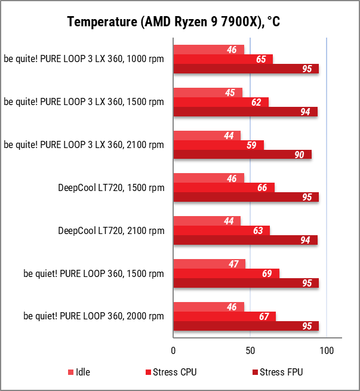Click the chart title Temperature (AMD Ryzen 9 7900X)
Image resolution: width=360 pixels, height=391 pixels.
coord(173,22)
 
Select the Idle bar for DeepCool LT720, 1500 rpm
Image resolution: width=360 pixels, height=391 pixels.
coord(208,178)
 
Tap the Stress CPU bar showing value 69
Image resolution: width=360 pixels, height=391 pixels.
coord(226,273)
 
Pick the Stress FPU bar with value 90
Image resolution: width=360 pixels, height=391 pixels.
coord(242,155)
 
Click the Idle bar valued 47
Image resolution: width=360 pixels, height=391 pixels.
coord(209,264)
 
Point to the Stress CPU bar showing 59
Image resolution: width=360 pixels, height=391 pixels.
coord(219,145)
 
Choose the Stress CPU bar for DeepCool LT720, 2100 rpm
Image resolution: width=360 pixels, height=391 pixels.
coord(221,230)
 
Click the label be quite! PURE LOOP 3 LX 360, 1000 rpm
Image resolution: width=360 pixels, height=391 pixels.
coord(84,59)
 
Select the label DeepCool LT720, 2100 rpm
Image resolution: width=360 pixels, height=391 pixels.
coord(110,230)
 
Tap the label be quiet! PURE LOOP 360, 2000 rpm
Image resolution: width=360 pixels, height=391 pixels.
coord(93,316)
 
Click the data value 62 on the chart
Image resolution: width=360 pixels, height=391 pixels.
coord(256,102)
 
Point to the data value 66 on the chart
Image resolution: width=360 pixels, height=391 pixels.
coord(262,188)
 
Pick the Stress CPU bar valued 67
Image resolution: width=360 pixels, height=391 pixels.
coord(224,316)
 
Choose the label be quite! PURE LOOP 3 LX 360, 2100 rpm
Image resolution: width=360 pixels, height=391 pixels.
coord(84,145)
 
